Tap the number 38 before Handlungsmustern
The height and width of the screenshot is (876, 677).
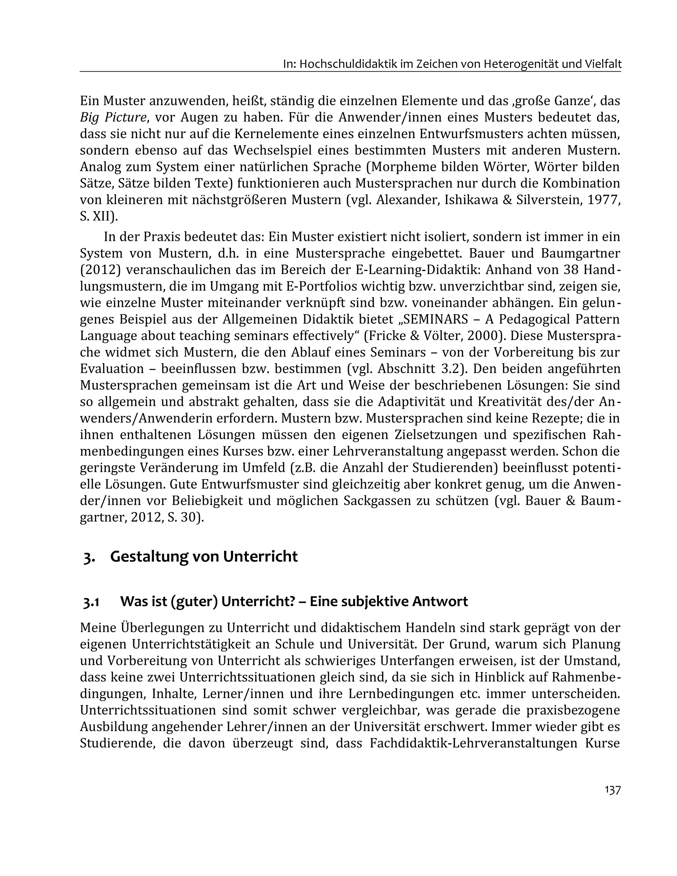tap(572, 270)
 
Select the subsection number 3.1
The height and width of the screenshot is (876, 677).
tap(91, 602)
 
